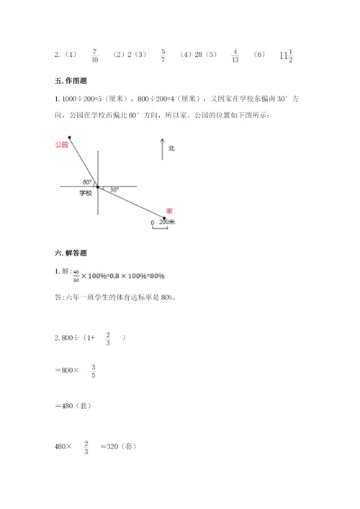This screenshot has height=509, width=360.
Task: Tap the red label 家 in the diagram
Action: pos(168,210)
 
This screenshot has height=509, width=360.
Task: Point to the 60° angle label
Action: pos(87,181)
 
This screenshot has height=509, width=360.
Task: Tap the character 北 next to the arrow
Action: pos(171,148)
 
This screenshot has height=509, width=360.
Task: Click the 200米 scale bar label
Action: pos(167,222)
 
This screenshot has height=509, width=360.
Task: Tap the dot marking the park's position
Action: pos(70,136)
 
